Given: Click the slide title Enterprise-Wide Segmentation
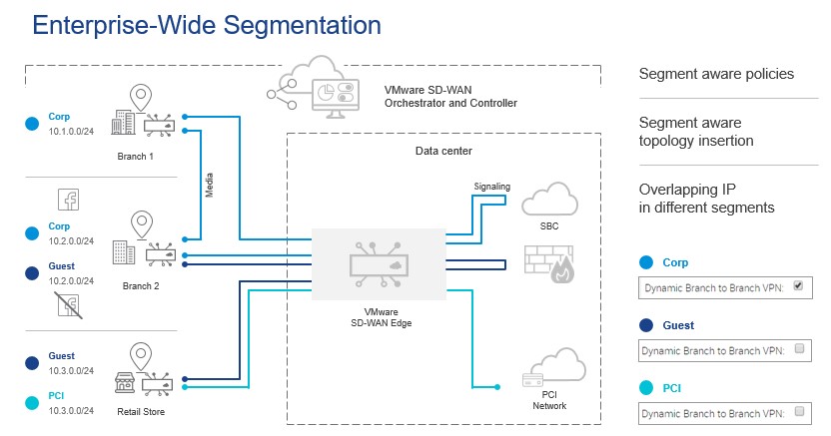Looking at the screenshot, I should click(192, 25).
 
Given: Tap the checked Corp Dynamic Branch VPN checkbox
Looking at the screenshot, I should click(797, 285).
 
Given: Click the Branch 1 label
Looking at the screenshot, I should click(137, 157).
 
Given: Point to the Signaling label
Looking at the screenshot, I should click(490, 186).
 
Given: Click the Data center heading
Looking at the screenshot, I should click(443, 151).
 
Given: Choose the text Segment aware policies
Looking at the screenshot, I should click(716, 74).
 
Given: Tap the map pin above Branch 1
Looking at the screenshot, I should click(140, 98).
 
